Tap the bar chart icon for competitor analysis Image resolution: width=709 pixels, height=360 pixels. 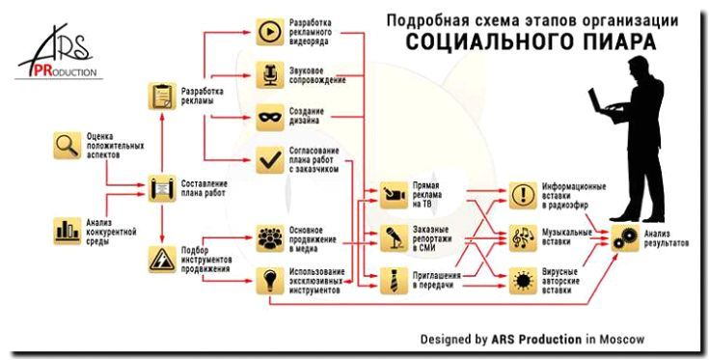pyautogui.click(x=67, y=230)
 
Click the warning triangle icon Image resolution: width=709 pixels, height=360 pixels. pyautogui.click(x=160, y=259)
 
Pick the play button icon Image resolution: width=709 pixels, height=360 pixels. pyautogui.click(x=268, y=33)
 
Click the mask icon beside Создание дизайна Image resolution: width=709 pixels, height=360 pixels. pyautogui.click(x=268, y=118)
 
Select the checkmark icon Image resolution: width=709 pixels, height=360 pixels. pyautogui.click(x=268, y=159)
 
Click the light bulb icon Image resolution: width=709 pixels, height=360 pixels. pyautogui.click(x=268, y=282)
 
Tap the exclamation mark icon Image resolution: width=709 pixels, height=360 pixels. pyautogui.click(x=522, y=192)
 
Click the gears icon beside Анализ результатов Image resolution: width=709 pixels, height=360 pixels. pyautogui.click(x=623, y=236)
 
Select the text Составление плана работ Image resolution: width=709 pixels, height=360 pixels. pyautogui.click(x=205, y=185)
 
